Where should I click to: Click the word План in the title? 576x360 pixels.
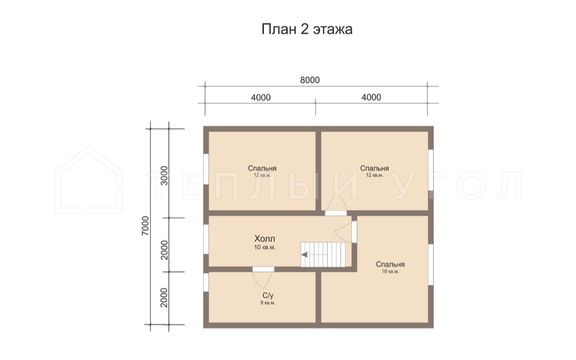(x=279, y=29)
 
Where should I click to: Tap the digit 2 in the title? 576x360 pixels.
(x=305, y=29)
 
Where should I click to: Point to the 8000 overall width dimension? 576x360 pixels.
(x=310, y=80)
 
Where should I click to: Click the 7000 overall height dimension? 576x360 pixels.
(x=145, y=226)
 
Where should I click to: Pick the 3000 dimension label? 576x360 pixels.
(x=164, y=176)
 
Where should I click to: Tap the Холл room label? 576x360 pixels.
(x=265, y=239)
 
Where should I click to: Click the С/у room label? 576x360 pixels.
(x=268, y=295)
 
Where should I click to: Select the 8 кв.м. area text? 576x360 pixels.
(x=268, y=303)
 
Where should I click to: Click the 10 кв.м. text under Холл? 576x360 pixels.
(x=265, y=247)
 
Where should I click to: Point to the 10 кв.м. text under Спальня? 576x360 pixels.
(x=390, y=271)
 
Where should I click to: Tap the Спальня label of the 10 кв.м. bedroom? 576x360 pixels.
(x=390, y=264)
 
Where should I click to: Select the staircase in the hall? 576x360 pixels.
(x=323, y=255)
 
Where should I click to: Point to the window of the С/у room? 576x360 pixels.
(x=206, y=283)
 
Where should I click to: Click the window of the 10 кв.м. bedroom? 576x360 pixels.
(x=431, y=264)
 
